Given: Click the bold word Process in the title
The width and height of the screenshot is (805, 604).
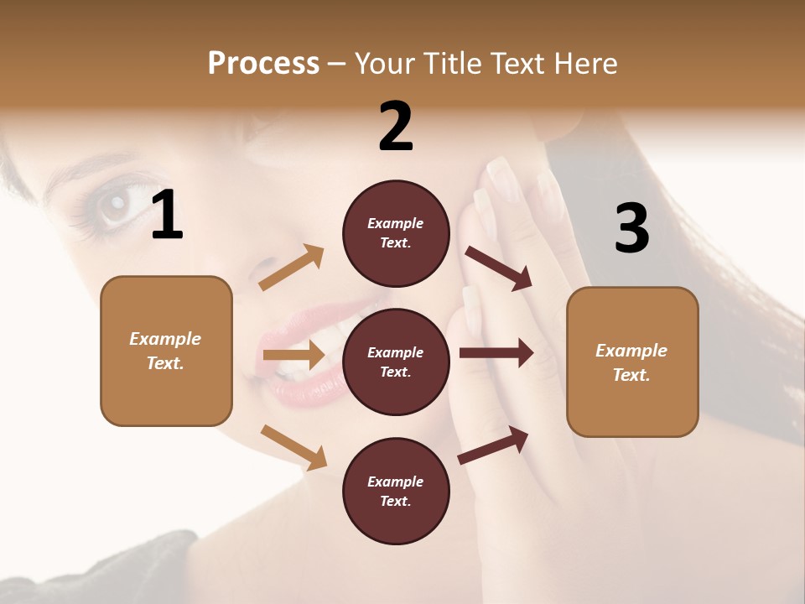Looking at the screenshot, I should tap(263, 63).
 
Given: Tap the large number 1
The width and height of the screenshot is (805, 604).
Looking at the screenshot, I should tap(167, 216).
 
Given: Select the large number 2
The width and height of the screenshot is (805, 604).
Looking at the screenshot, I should tap(396, 127).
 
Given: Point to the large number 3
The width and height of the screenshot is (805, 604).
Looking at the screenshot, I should tap(631, 228).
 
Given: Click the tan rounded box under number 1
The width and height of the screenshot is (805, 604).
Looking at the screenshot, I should tap(166, 351).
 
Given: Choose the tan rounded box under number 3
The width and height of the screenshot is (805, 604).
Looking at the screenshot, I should tap(632, 362).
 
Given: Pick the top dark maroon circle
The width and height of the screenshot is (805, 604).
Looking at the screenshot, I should tap(396, 233).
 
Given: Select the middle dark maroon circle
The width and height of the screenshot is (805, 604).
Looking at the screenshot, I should tap(396, 362).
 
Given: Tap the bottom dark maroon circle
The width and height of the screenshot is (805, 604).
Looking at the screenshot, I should tap(396, 491).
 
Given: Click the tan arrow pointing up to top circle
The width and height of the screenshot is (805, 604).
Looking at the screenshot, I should tap(292, 268).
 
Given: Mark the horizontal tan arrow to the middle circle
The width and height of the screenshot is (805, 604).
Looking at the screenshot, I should tap(293, 355).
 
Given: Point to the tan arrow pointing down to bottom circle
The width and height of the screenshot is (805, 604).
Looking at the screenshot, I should tap(293, 446).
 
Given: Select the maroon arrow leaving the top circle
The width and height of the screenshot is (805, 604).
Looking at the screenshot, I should tap(499, 268).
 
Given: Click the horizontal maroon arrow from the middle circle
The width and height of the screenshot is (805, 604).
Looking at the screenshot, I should tap(496, 353).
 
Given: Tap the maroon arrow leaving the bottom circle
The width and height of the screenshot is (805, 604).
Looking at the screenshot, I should tap(494, 444).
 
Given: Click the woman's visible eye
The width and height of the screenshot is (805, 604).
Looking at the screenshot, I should tap(115, 204).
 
